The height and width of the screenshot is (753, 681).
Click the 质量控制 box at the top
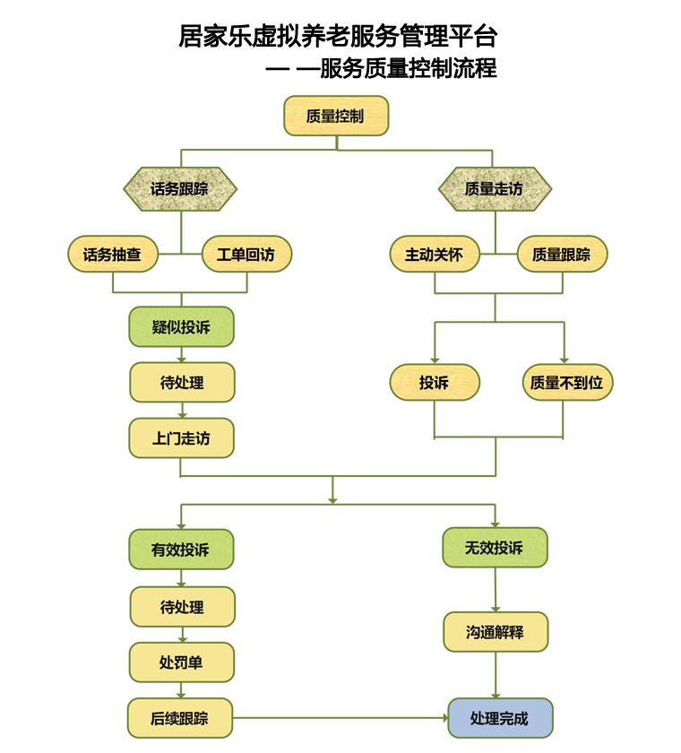coord(336,117)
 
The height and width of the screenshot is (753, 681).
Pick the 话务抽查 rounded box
coord(113,255)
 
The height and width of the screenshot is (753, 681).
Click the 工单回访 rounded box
coord(246,255)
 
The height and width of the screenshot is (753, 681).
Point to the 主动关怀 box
coord(435,255)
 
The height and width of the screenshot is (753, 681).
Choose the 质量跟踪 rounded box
coord(562,255)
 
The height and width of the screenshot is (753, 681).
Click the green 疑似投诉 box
coord(182,327)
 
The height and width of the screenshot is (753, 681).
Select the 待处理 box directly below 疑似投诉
coord(182,383)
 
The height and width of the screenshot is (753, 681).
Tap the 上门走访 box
coord(182,438)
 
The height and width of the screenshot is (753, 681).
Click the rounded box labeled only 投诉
coord(435,383)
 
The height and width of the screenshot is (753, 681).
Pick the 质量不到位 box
coord(567,383)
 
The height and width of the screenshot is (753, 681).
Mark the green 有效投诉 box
coord(182,549)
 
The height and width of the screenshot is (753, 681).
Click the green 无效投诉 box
coord(495,548)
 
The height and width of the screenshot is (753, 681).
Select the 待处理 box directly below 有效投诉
coord(182,607)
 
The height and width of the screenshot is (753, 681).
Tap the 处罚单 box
coord(182,662)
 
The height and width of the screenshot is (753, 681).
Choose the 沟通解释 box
coord(495,632)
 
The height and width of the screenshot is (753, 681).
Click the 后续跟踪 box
coord(182,718)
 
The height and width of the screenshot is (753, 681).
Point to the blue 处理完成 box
coord(500,718)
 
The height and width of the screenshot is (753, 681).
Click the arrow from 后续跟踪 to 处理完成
coord(340,718)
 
